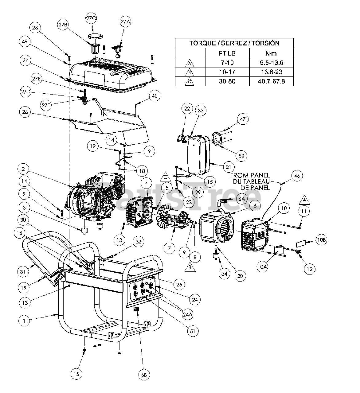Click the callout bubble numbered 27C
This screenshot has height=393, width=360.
91,18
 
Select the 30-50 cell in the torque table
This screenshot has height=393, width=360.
227,82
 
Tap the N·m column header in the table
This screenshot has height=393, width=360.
271,53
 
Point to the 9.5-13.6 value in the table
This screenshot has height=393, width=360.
271,63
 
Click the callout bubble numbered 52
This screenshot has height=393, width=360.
241,156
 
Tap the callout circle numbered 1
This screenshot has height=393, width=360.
25,321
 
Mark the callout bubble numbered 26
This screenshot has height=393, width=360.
25,112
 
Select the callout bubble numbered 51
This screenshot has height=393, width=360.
194,331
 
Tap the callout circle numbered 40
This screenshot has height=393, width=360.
154,96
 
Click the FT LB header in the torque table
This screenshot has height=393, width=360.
227,53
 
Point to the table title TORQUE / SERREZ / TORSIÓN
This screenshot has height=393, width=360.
234,43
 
